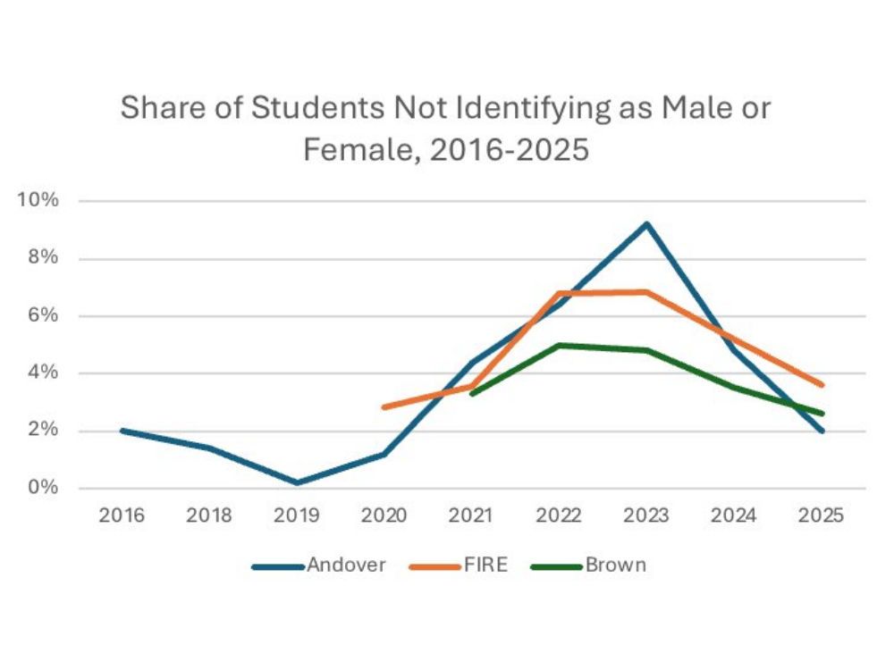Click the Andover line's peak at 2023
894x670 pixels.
coord(646,224)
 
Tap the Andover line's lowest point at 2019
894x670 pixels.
coord(297,482)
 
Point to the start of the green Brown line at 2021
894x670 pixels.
coord(472,393)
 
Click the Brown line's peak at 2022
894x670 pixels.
coord(559,345)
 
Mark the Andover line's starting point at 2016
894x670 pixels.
coord(122,431)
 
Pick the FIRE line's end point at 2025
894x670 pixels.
coord(822,385)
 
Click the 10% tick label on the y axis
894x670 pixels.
coord(39,200)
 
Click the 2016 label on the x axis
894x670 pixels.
coord(122,516)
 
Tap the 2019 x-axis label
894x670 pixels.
coord(297,516)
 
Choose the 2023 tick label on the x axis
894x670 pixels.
coord(646,516)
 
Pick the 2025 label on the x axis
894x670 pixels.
coord(822,516)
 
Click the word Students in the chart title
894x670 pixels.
coord(292,109)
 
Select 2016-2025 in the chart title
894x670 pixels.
coord(510,149)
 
